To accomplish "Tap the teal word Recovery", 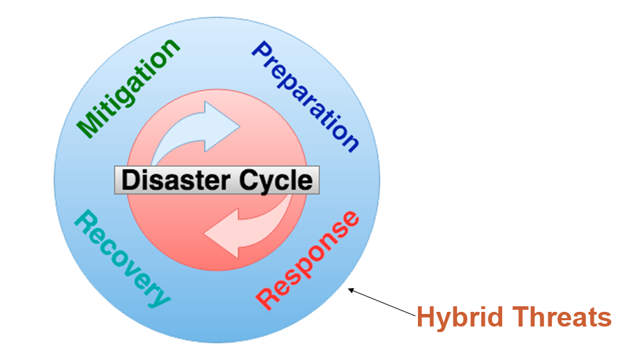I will coord(123,257).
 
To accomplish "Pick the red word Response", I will coord(308,259).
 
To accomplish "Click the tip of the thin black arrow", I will coord(349,288).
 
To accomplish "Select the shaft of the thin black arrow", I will coord(384,304).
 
